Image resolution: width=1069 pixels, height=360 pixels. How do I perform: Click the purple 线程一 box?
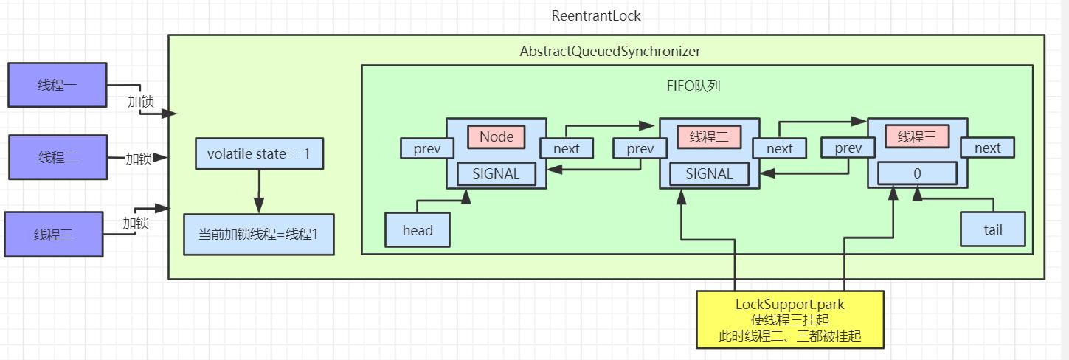(x=57, y=85)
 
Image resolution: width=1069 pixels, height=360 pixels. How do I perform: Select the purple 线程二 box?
(x=58, y=157)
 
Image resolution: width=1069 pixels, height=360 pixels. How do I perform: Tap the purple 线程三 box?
(x=53, y=235)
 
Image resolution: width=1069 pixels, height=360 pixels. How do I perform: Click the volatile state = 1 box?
(x=259, y=153)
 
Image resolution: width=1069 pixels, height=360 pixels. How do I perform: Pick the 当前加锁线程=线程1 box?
(x=258, y=235)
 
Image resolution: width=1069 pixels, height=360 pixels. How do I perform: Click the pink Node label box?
(x=496, y=136)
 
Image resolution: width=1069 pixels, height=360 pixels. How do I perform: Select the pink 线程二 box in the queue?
(x=708, y=136)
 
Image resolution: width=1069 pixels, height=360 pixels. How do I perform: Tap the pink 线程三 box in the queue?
(x=917, y=136)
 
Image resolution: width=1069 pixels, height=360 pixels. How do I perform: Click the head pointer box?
(x=418, y=230)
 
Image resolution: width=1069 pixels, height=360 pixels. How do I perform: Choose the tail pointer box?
(x=992, y=229)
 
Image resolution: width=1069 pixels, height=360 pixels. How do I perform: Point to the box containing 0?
(x=917, y=174)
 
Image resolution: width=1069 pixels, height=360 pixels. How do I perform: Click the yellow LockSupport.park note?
(x=790, y=319)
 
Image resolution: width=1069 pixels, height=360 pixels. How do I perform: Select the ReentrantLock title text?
(x=596, y=16)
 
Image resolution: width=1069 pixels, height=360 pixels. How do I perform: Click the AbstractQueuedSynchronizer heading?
(x=610, y=52)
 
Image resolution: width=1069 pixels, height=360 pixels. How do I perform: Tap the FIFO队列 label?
(x=693, y=86)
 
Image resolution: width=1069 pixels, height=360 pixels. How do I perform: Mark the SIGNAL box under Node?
(x=496, y=174)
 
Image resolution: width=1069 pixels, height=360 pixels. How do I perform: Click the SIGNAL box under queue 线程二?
(x=709, y=174)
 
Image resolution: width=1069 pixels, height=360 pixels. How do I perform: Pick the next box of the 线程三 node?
(x=987, y=148)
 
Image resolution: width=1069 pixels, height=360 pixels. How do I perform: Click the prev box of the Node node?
(x=427, y=148)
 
